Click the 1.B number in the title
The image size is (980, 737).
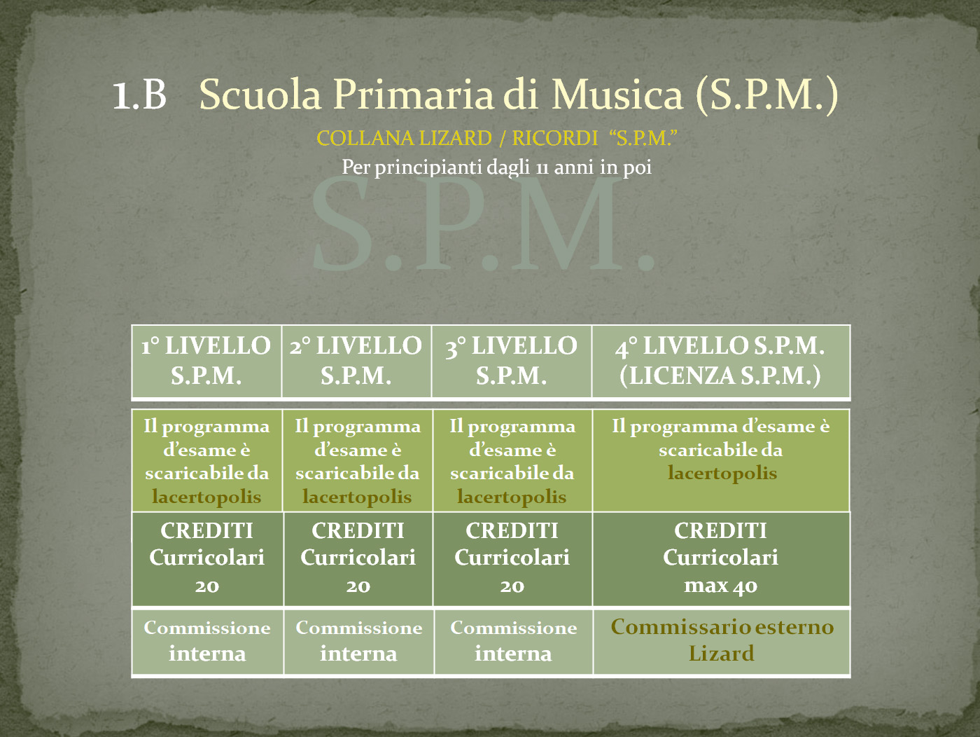(140, 95)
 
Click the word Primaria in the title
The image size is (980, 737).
(414, 95)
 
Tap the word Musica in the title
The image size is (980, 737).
(617, 95)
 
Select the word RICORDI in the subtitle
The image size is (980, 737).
(554, 138)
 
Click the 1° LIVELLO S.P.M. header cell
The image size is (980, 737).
(206, 361)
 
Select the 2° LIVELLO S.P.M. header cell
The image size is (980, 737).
(356, 361)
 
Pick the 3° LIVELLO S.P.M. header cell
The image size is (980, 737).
(511, 361)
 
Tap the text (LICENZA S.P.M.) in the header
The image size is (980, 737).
(720, 376)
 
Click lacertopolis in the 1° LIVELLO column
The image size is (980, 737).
(206, 497)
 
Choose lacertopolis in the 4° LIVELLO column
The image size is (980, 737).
(722, 473)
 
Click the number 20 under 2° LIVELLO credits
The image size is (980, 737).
(358, 586)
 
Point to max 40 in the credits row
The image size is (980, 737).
(720, 586)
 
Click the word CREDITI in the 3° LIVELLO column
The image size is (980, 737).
(512, 530)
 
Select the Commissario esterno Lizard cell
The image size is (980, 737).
(722, 641)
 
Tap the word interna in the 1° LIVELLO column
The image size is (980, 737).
(207, 654)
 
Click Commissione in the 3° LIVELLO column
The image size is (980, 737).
(513, 628)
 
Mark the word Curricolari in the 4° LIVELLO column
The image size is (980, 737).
(720, 558)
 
